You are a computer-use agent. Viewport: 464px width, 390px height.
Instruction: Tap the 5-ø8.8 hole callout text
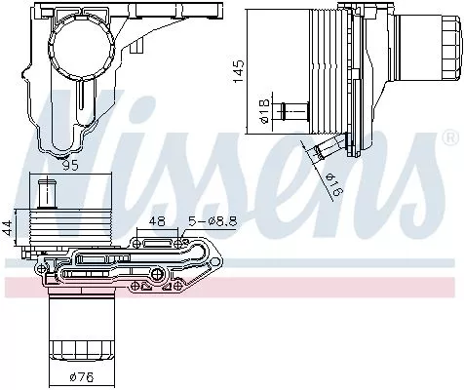click(x=213, y=221)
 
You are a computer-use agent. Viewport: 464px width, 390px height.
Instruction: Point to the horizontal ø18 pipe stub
click(x=291, y=110)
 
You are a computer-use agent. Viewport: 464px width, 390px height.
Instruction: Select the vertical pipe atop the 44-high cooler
click(x=45, y=190)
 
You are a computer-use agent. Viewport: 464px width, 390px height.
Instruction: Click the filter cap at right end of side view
click(x=418, y=58)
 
